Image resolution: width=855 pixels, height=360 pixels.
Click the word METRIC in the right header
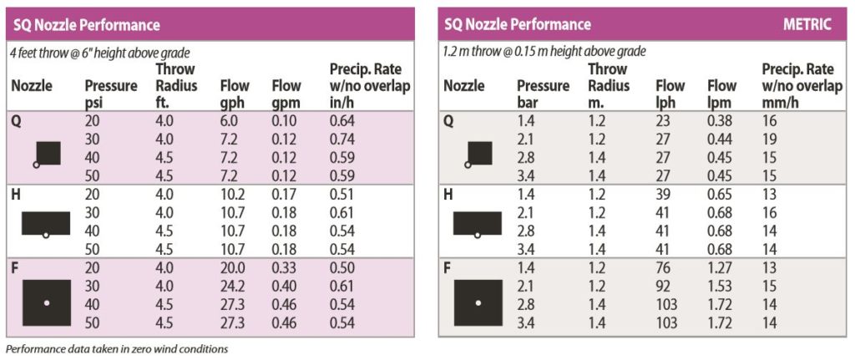pyautogui.click(x=807, y=24)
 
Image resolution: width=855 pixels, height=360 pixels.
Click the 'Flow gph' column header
pyautogui.click(x=233, y=92)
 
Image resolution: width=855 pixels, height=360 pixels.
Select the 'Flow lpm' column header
pyautogui.click(x=721, y=92)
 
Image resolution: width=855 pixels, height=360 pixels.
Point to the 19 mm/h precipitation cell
pyautogui.click(x=769, y=137)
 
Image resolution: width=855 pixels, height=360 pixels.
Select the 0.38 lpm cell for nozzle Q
pyautogui.click(x=721, y=120)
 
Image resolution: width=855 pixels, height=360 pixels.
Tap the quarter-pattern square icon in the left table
pyautogui.click(x=48, y=153)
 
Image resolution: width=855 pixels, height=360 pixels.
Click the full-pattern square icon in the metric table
pyautogui.click(x=478, y=302)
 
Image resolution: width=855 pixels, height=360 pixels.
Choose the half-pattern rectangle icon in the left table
pyautogui.click(x=45, y=223)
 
